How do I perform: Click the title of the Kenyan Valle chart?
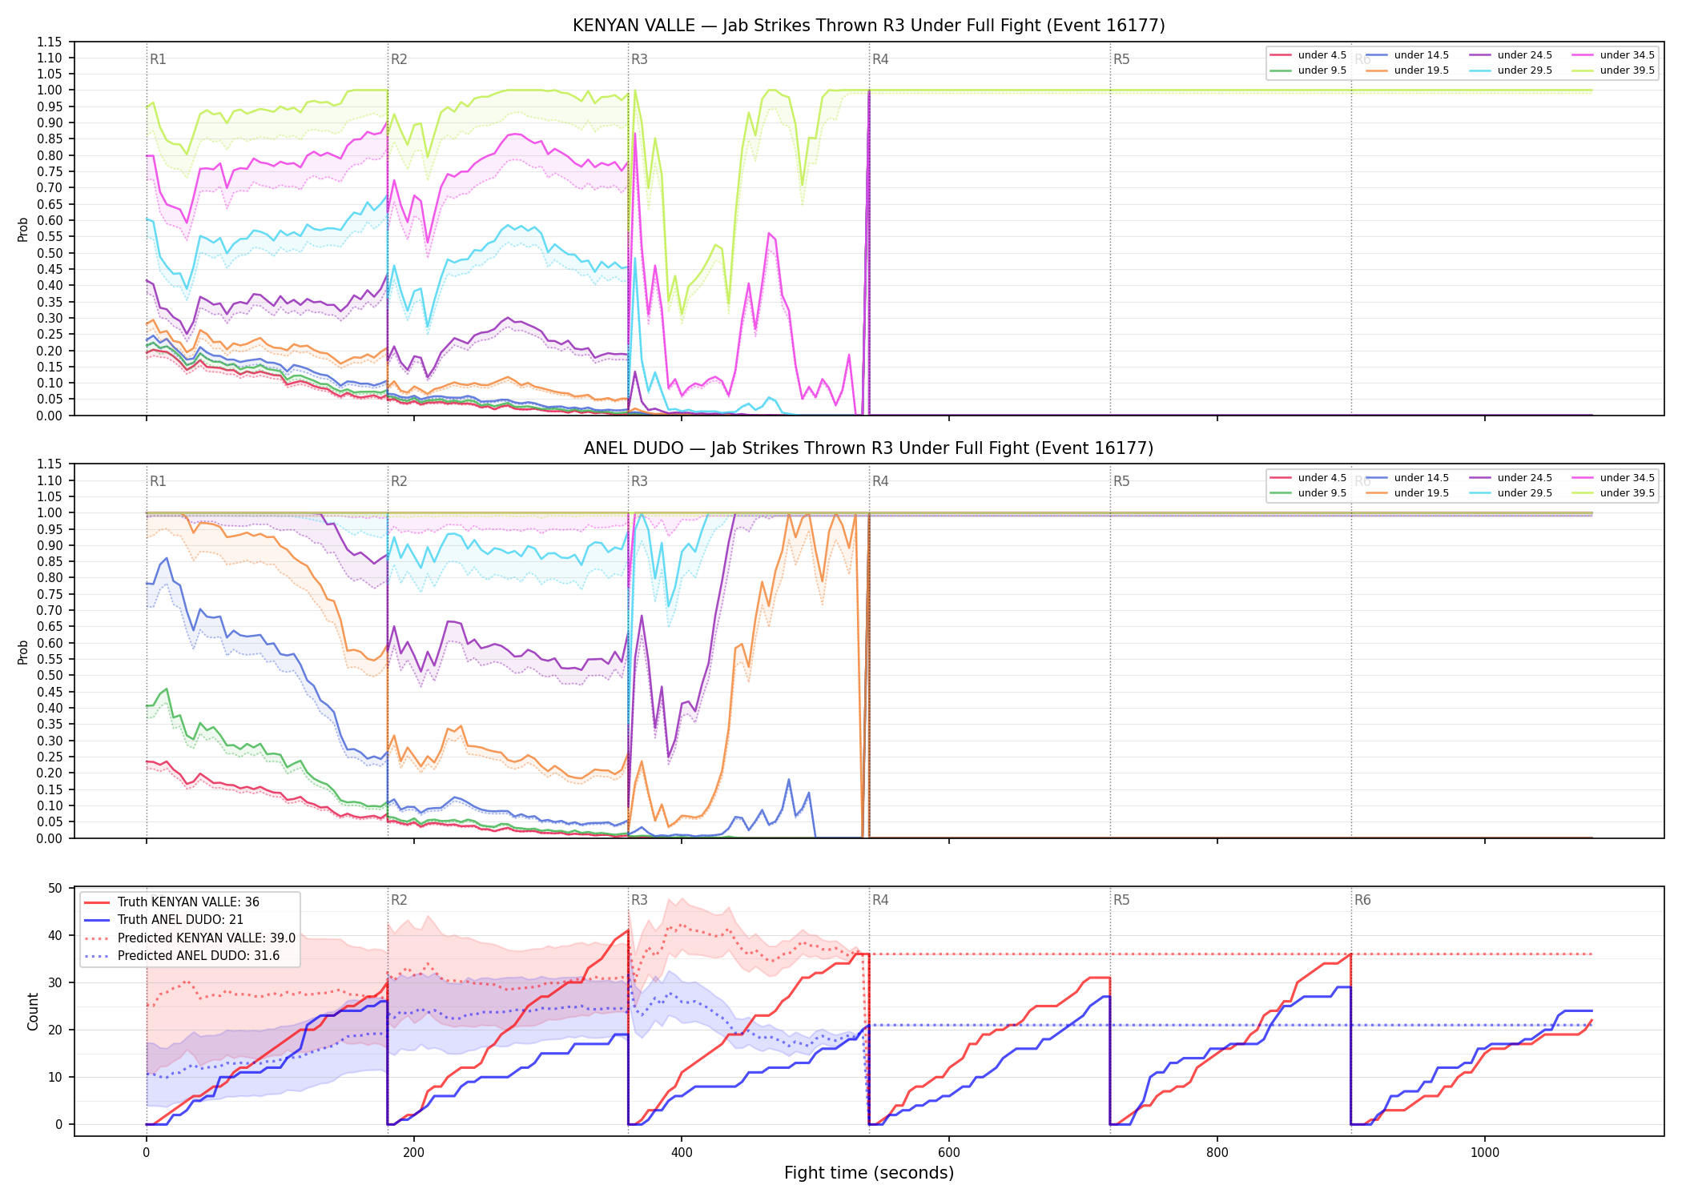(868, 26)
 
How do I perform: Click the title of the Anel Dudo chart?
(868, 448)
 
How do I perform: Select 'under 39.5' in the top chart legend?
(1627, 70)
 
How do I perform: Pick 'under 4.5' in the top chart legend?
(1322, 55)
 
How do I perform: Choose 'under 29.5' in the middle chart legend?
(1524, 493)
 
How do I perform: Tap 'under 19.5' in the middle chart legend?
(1421, 493)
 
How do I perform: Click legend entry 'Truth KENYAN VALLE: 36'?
(188, 902)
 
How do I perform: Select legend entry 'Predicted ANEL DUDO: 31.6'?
(199, 956)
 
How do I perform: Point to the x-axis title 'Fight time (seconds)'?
(869, 1173)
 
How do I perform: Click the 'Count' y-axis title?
(33, 1011)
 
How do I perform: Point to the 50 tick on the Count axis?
(55, 888)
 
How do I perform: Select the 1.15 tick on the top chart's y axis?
(49, 42)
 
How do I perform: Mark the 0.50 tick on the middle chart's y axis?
(49, 675)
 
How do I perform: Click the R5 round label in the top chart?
(1121, 59)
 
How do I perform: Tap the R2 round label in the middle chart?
(399, 481)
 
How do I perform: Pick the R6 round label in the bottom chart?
(1362, 900)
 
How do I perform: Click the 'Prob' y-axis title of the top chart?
(23, 230)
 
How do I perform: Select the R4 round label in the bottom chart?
(880, 900)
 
